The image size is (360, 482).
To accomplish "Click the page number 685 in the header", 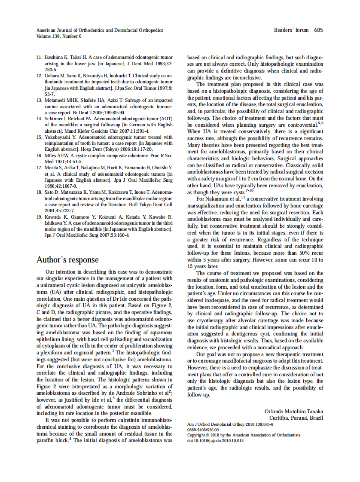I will (318, 30).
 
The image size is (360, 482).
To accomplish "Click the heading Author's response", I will (67, 260).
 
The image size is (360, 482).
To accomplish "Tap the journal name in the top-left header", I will (100, 31).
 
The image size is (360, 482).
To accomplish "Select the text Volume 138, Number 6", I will (59, 37).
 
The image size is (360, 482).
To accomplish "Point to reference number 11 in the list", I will (39, 57).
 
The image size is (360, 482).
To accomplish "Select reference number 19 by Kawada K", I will (39, 217).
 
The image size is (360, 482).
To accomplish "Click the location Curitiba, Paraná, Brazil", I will (296, 418).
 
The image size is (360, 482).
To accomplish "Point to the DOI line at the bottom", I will (216, 440).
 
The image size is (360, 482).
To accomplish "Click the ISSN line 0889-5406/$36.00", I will (203, 429).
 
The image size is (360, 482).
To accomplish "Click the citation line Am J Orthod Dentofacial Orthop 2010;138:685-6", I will (230, 424).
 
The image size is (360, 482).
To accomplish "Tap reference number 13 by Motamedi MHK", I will (39, 100).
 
